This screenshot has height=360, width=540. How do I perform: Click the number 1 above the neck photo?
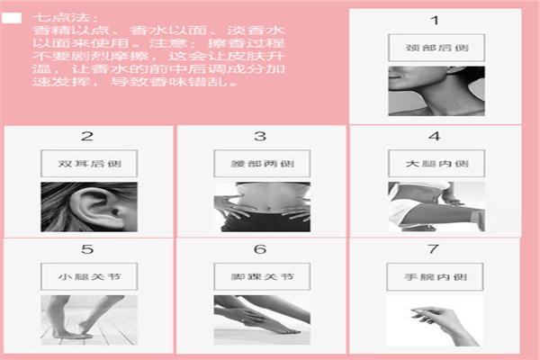pyautogui.click(x=435, y=21)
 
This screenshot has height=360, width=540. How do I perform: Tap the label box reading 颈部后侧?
pyautogui.click(x=436, y=48)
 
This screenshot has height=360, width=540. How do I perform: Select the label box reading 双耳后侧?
pyautogui.click(x=89, y=164)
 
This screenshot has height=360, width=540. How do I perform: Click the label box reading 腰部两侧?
pyautogui.click(x=262, y=164)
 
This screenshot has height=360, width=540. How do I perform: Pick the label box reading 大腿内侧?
pyautogui.click(x=436, y=164)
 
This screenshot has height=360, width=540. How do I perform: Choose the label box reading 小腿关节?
pyautogui.click(x=89, y=276)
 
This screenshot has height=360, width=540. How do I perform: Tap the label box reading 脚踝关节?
pyautogui.click(x=262, y=276)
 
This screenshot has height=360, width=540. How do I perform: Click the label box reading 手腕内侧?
pyautogui.click(x=435, y=277)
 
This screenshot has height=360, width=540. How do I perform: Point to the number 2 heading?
pyautogui.click(x=87, y=137)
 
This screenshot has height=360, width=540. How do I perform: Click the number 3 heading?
pyautogui.click(x=260, y=137)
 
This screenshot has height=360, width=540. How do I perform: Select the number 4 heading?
pyautogui.click(x=435, y=137)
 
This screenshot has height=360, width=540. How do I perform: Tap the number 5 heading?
pyautogui.click(x=87, y=249)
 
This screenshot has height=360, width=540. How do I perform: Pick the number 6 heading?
pyautogui.click(x=260, y=249)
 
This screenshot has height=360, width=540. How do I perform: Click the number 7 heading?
pyautogui.click(x=433, y=248)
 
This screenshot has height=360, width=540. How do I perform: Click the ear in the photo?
pyautogui.click(x=97, y=209)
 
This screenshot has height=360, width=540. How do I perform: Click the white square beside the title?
pyautogui.click(x=12, y=18)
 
